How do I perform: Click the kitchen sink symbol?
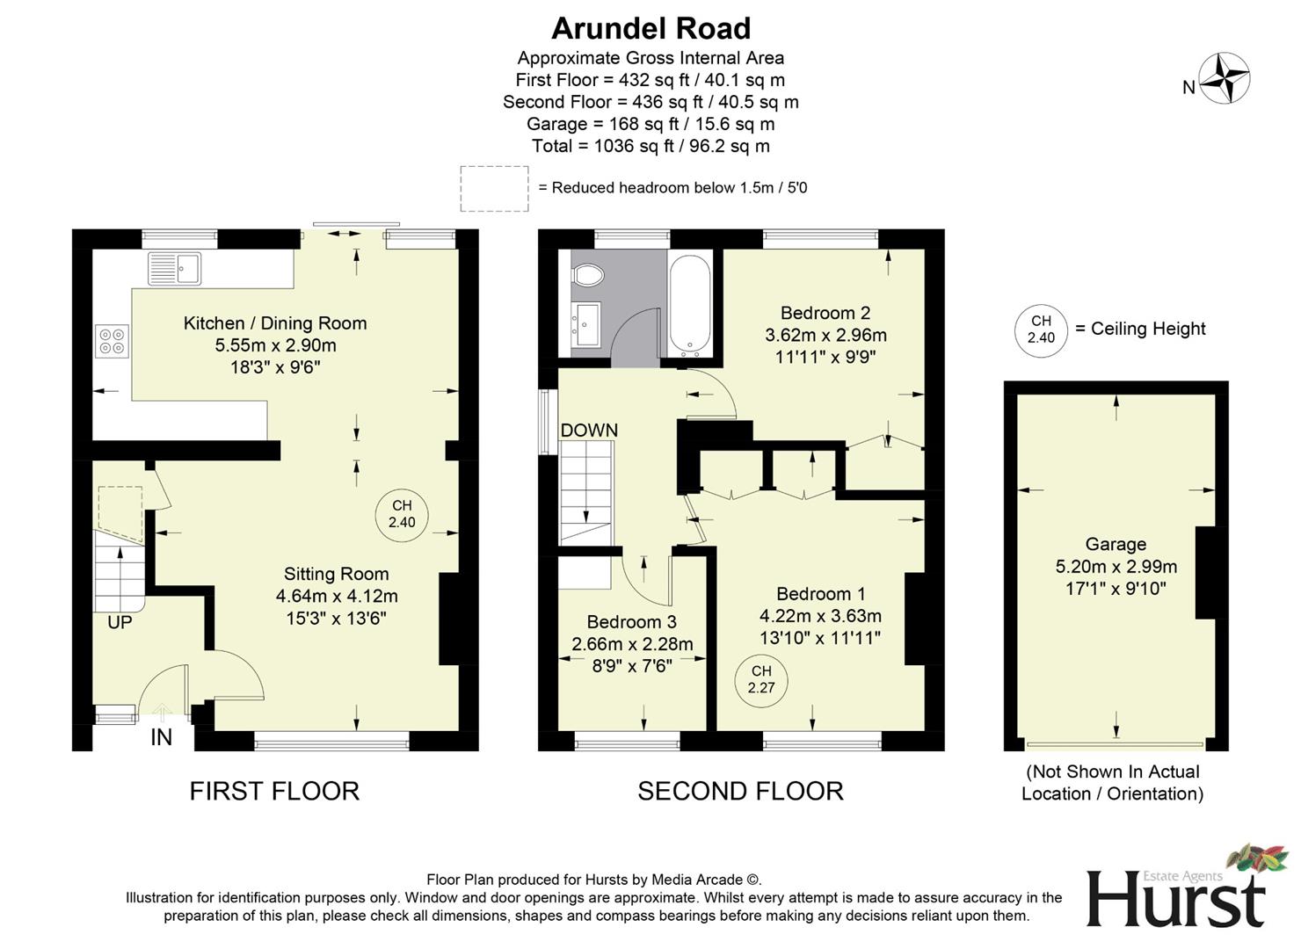point(174,268)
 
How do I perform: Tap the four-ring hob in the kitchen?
point(112,341)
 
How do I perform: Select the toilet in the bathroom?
point(587,276)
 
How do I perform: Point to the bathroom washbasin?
point(585,323)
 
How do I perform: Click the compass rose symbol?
point(1225,79)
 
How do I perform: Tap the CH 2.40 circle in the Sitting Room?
point(402,514)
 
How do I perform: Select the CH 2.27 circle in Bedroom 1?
point(761,679)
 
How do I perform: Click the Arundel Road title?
point(650,29)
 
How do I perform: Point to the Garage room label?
point(1116,544)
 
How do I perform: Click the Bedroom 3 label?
point(631,622)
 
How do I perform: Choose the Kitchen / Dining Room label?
point(275,323)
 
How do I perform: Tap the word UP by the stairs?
point(120,622)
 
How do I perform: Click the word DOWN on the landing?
point(589,431)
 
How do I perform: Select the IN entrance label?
point(161,737)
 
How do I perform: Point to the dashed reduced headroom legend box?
point(494,188)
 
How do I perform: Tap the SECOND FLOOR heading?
point(740,791)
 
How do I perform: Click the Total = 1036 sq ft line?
point(650,146)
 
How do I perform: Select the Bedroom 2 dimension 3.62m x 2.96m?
point(825,335)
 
